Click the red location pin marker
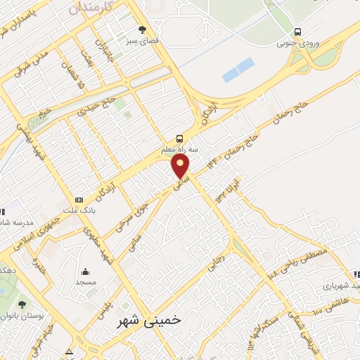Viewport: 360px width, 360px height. (x=181, y=167)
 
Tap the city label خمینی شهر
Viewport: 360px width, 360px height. (x=148, y=320)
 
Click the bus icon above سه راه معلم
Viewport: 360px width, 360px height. (x=180, y=138)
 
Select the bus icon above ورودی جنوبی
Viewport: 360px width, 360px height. (x=298, y=32)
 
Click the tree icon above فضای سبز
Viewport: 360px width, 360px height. (x=143, y=30)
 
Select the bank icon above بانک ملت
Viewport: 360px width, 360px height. (x=78, y=200)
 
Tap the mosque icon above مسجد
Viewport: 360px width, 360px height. (x=86, y=272)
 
